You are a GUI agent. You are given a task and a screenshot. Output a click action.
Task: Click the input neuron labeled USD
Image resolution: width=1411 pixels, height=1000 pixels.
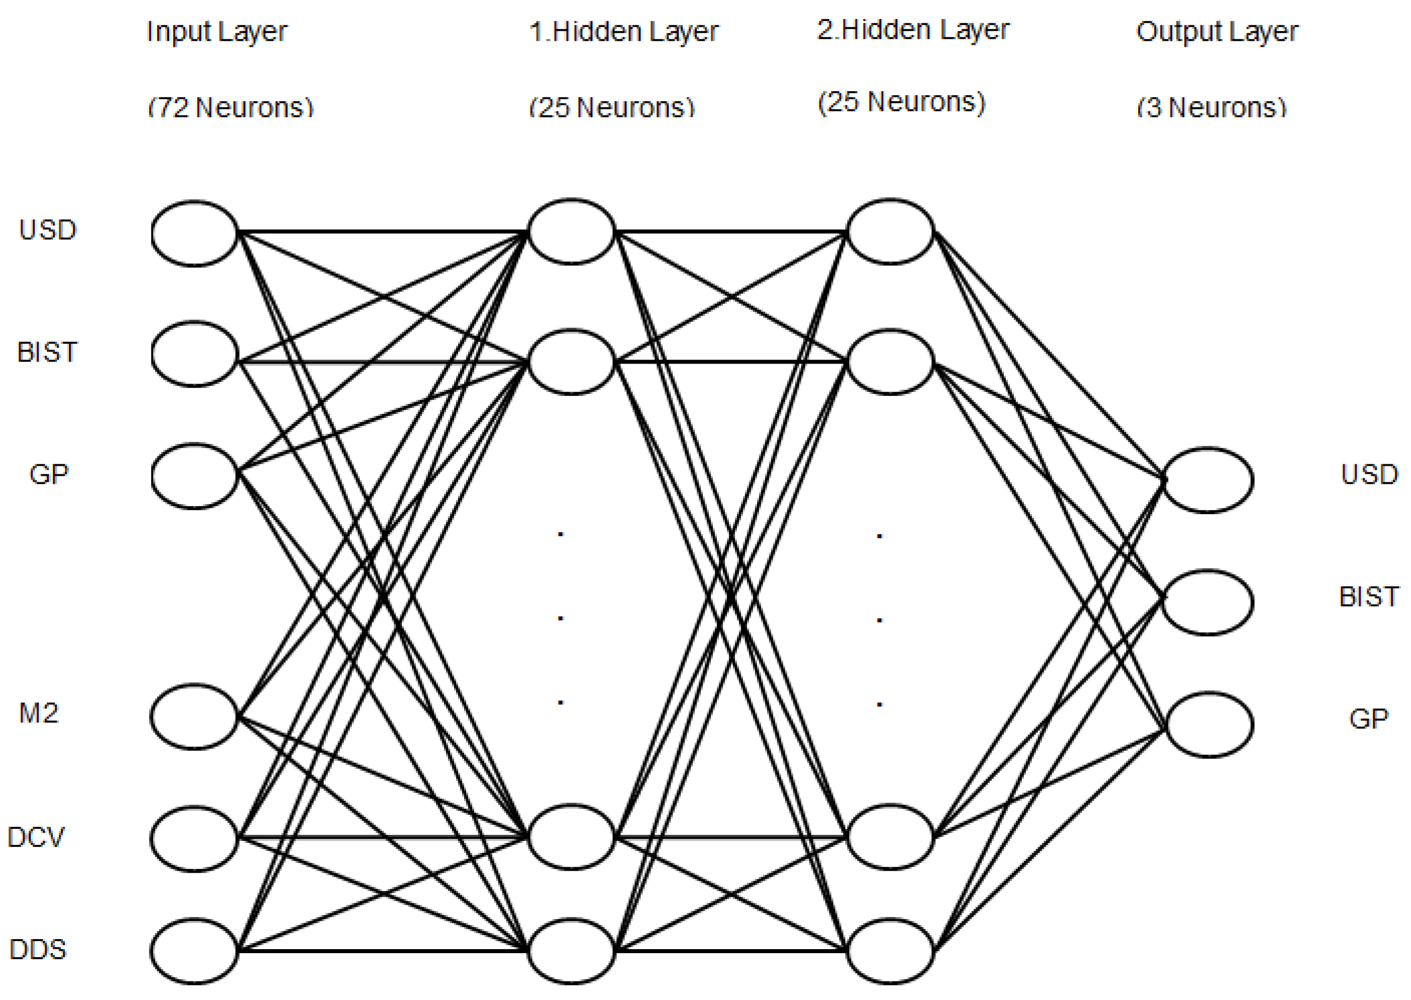[194, 233]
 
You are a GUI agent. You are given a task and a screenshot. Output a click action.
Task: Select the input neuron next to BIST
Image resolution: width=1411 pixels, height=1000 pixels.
[194, 354]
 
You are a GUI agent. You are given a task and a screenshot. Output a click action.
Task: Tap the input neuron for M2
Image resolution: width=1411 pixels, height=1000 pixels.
[194, 717]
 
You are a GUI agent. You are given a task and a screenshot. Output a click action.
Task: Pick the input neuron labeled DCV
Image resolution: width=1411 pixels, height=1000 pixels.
[194, 839]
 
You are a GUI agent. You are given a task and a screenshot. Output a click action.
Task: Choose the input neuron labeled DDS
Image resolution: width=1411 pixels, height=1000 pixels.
[194, 951]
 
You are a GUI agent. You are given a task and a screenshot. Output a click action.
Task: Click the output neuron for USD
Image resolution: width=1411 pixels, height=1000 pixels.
[1208, 480]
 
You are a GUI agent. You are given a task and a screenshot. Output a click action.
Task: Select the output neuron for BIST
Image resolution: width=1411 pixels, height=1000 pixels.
[1208, 602]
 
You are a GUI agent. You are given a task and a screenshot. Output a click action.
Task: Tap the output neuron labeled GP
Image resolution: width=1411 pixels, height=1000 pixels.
[1208, 724]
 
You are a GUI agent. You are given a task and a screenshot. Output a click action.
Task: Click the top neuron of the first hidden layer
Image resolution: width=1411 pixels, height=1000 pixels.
[572, 232]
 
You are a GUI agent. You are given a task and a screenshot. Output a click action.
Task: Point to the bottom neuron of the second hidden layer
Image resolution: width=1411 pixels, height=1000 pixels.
[890, 951]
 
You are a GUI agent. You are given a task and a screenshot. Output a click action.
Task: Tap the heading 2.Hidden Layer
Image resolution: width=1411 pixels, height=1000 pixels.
[913, 30]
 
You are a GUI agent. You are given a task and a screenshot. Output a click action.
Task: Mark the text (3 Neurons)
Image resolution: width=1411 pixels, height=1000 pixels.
[1212, 108]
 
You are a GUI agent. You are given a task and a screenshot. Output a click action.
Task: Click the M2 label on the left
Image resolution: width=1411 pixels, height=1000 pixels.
[39, 713]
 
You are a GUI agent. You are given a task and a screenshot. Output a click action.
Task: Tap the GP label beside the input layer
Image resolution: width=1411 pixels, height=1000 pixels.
[49, 474]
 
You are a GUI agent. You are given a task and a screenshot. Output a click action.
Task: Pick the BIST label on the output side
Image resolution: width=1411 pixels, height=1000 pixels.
[1369, 597]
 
